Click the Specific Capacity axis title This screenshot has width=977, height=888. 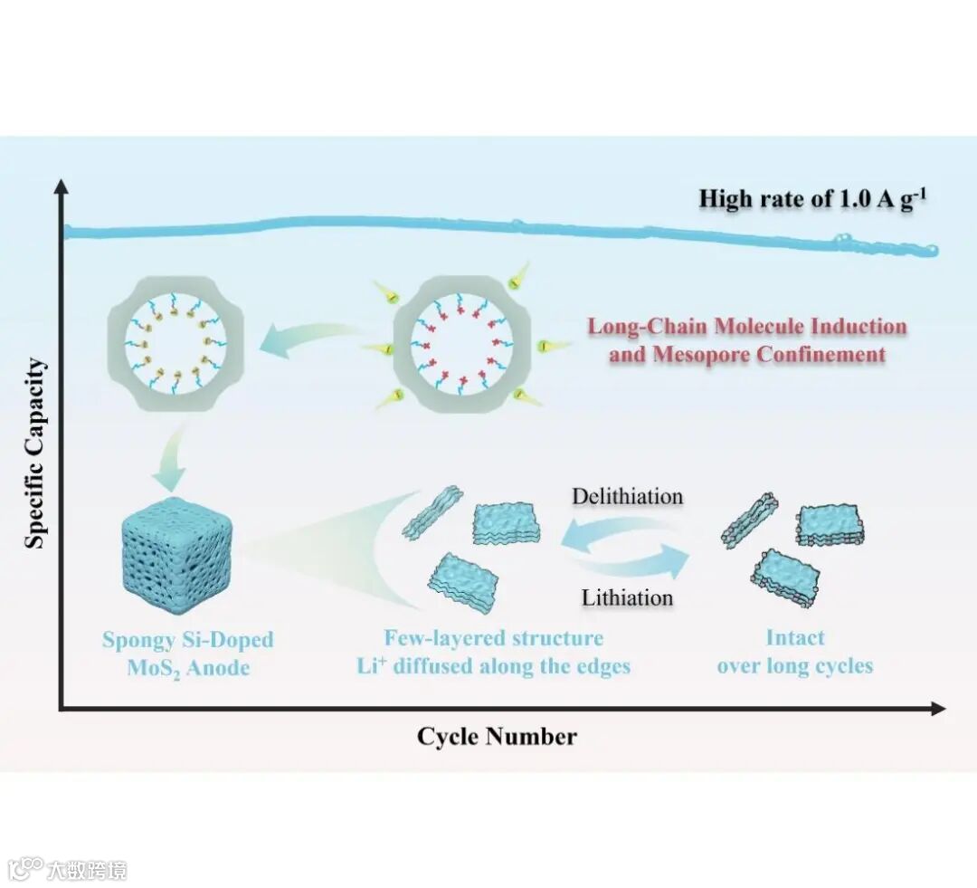pyautogui.click(x=34, y=453)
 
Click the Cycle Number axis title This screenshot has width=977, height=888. pyautogui.click(x=496, y=737)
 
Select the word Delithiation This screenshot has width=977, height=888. pyautogui.click(x=627, y=497)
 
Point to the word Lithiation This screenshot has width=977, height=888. pyautogui.click(x=627, y=597)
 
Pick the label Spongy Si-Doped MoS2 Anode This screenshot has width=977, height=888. pyautogui.click(x=187, y=654)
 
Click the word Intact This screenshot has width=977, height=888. pyautogui.click(x=795, y=638)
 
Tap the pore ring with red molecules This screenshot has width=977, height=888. pyautogui.click(x=464, y=345)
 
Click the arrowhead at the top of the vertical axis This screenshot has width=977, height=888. pyautogui.click(x=62, y=186)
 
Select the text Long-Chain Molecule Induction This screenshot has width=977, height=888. pyautogui.click(x=747, y=326)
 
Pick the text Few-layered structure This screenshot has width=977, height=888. pyautogui.click(x=493, y=638)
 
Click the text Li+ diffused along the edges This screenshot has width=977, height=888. pyautogui.click(x=493, y=667)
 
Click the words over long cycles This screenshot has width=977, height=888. pyautogui.click(x=795, y=667)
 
